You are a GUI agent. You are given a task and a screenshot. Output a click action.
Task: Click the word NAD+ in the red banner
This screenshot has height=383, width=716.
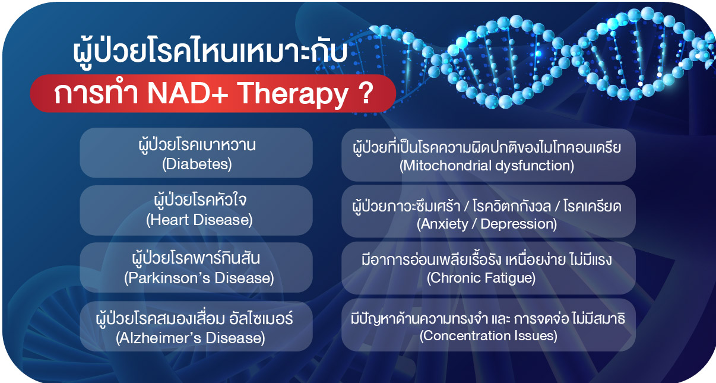[x=188, y=93]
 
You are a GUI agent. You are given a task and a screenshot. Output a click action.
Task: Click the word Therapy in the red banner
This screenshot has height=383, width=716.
[x=292, y=95]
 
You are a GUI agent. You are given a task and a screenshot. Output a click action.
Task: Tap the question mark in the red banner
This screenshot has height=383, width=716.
[x=365, y=93]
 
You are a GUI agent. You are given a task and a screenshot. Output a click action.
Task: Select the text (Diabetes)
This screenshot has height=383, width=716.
[x=197, y=164]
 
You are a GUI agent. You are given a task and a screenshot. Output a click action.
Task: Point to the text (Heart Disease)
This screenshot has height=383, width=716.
[x=199, y=220]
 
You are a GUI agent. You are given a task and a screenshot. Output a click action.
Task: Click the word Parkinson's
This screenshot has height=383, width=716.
[x=168, y=278]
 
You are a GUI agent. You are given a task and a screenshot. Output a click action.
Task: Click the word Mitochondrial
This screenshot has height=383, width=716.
[x=445, y=166]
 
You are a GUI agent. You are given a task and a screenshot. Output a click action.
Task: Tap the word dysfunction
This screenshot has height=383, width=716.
[x=533, y=166]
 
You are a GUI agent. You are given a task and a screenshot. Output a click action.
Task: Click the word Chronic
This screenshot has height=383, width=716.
[x=454, y=277]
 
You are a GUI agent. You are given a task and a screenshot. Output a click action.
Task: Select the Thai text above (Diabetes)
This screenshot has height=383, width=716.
[x=197, y=145]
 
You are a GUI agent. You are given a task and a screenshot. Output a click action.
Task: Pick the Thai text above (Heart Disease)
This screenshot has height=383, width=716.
[x=200, y=200]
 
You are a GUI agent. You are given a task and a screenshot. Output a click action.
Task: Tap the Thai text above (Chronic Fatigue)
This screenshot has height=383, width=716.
[x=487, y=259]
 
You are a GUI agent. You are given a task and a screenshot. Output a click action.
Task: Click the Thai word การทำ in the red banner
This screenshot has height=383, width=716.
[x=96, y=93]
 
